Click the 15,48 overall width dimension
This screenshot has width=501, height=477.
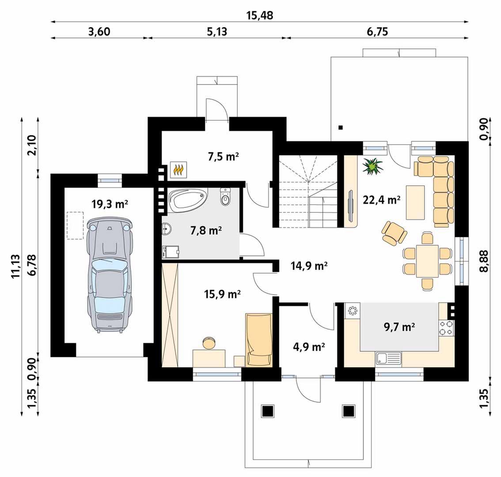(260, 15)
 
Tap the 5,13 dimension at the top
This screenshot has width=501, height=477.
(216, 32)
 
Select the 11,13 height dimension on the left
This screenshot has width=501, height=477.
(15, 267)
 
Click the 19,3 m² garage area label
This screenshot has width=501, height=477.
(110, 204)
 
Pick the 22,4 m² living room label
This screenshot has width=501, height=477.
(382, 200)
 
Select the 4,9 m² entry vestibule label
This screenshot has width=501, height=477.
(309, 347)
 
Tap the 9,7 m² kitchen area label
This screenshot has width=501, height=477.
(399, 327)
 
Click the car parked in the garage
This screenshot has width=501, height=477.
(109, 275)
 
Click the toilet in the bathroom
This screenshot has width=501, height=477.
(225, 196)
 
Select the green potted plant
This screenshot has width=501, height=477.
(372, 167)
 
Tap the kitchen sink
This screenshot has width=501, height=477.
(388, 358)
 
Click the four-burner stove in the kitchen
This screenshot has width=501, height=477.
(446, 328)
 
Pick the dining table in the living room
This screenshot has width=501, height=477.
(427, 261)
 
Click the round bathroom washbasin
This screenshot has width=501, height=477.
(167, 229)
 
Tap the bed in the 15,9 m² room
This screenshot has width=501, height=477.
(259, 340)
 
